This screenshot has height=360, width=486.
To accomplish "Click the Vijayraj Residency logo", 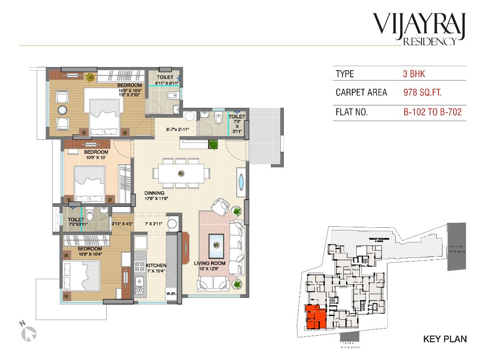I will click(x=419, y=29).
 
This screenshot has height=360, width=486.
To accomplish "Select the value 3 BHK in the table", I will click(x=414, y=74).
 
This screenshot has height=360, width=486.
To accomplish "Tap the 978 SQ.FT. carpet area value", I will click(x=422, y=93).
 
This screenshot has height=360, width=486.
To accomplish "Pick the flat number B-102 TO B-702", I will click(x=432, y=112).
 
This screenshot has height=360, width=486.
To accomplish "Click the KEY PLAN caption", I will click(x=445, y=339).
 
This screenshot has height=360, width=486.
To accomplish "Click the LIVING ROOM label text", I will click(x=210, y=266).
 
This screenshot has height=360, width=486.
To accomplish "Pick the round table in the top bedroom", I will click(x=63, y=110).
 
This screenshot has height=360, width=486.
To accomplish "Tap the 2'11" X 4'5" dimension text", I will click(x=122, y=224).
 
